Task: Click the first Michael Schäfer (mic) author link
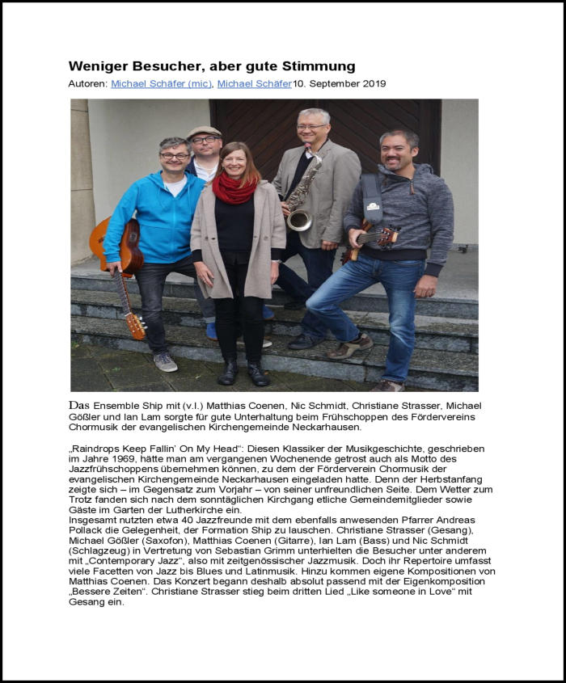[x=162, y=84]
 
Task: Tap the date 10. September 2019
[x=340, y=84]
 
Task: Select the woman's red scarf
[x=234, y=190]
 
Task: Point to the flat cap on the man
[x=204, y=131]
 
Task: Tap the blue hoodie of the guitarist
[x=154, y=218]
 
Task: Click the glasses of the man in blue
[x=175, y=155]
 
